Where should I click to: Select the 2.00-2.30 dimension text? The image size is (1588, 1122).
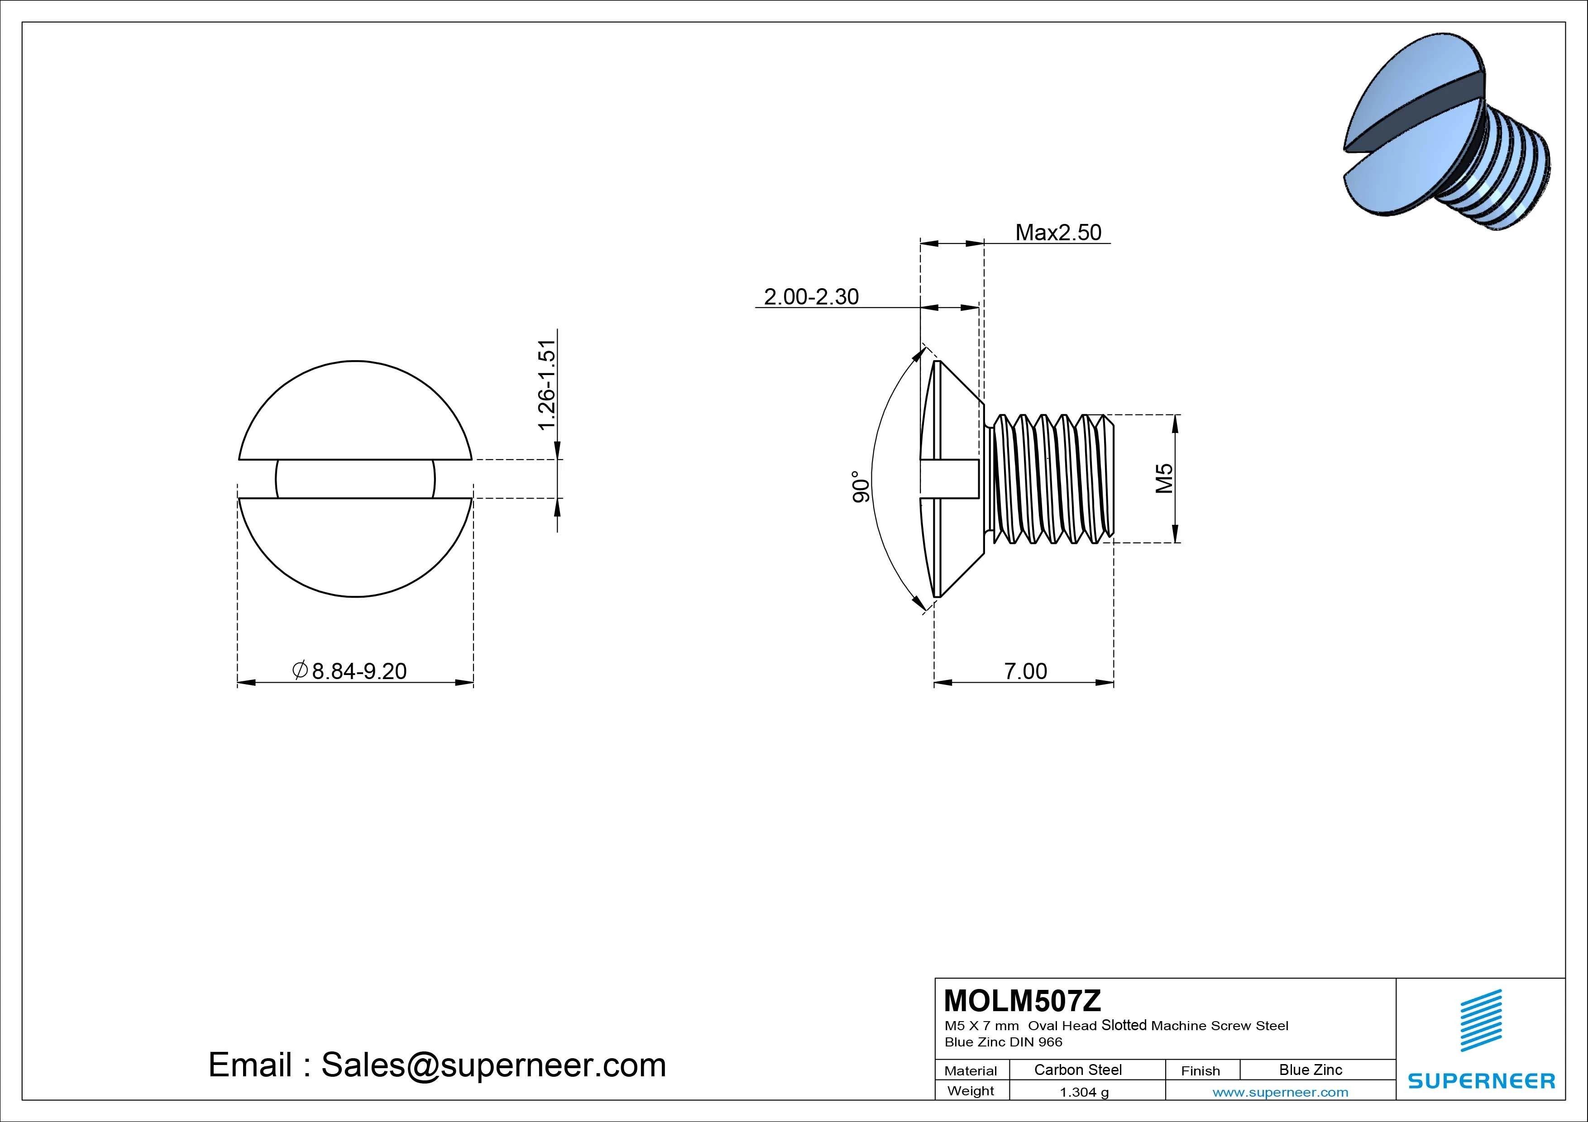[x=811, y=297]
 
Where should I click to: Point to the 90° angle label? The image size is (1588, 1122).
[x=860, y=487]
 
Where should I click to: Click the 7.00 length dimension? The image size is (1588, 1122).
[x=1025, y=670]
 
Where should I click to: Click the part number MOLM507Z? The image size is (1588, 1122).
[x=1022, y=1000]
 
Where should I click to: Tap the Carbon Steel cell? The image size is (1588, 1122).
[x=1077, y=1070]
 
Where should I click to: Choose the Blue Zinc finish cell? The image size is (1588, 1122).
[x=1310, y=1070]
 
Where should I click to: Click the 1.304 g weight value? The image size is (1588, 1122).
[x=1084, y=1092]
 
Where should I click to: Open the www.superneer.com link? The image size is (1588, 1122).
[x=1280, y=1092]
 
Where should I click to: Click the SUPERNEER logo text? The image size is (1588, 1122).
[x=1481, y=1080]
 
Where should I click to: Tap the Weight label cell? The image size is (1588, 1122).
[x=971, y=1091]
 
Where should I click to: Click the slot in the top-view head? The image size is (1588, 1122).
[x=355, y=478]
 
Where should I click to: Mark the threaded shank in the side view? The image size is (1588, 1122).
[x=1051, y=478]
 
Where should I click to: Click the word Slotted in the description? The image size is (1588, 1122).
[x=1124, y=1025]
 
